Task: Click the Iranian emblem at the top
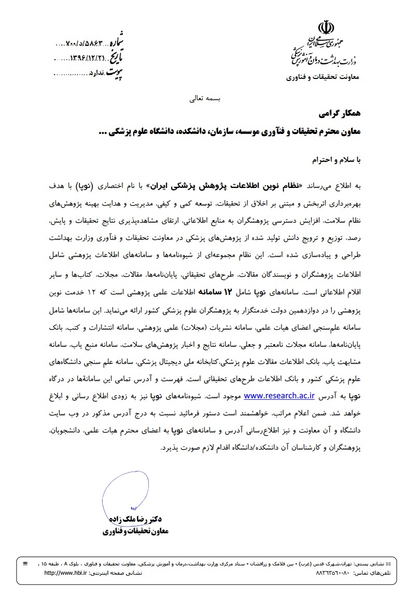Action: pos(327,26)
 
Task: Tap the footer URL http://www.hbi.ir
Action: pos(65,573)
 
